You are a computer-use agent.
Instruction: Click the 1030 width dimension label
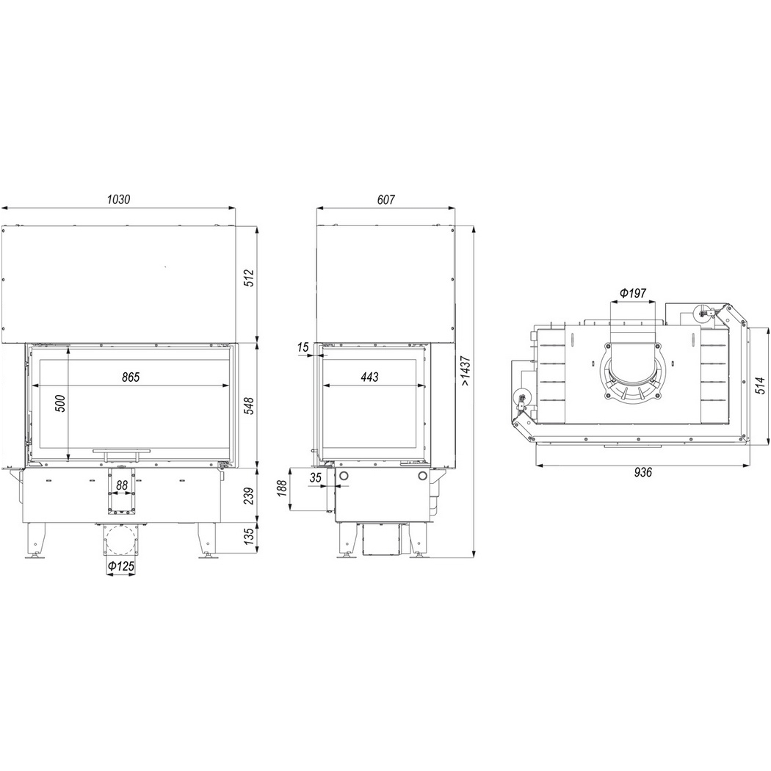click(118, 200)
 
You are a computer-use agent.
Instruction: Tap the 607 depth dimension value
click(386, 200)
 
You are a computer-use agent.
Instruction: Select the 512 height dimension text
click(250, 278)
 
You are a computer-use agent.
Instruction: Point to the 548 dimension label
click(250, 405)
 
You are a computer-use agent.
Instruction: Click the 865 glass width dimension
click(131, 377)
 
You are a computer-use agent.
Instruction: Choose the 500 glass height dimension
click(60, 404)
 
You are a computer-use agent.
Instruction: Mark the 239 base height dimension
click(250, 495)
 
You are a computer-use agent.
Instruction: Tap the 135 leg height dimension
click(250, 536)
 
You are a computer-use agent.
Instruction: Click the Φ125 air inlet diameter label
click(121, 566)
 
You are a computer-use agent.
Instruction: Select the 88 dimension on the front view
click(121, 485)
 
